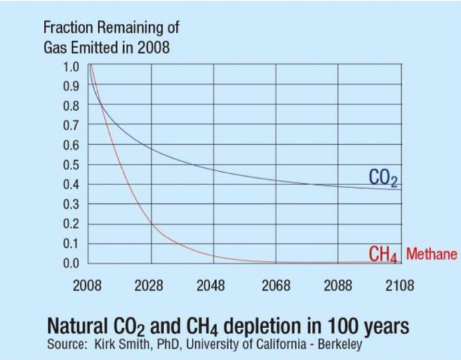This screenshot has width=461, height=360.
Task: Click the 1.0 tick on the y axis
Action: point(71,66)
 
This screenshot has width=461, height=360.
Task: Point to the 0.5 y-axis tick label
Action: point(71,165)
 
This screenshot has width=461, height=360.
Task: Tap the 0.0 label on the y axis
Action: point(71,263)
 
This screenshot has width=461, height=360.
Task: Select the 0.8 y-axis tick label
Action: point(71,105)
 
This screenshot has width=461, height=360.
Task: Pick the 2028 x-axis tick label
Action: point(149,286)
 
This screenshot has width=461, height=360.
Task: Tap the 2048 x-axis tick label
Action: point(211,286)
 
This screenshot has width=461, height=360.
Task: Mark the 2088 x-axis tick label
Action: point(337,286)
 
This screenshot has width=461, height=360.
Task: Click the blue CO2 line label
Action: point(383,177)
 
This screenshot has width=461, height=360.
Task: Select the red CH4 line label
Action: point(383,255)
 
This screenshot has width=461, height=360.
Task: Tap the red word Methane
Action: point(432,254)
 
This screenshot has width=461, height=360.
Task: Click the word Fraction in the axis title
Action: point(67,29)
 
